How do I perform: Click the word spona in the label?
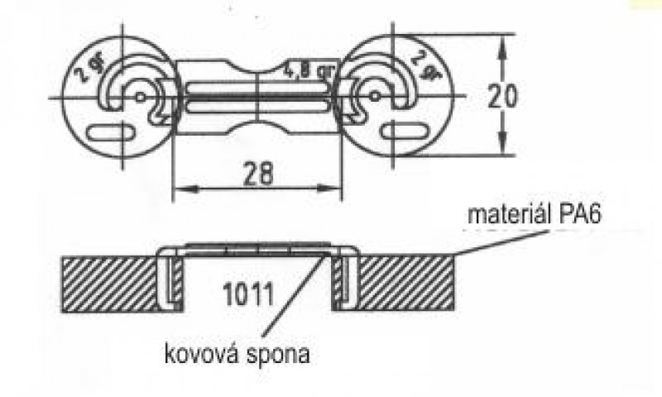[282, 356]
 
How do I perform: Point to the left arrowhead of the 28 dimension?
[177, 189]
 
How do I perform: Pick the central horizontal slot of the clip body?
[258, 98]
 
